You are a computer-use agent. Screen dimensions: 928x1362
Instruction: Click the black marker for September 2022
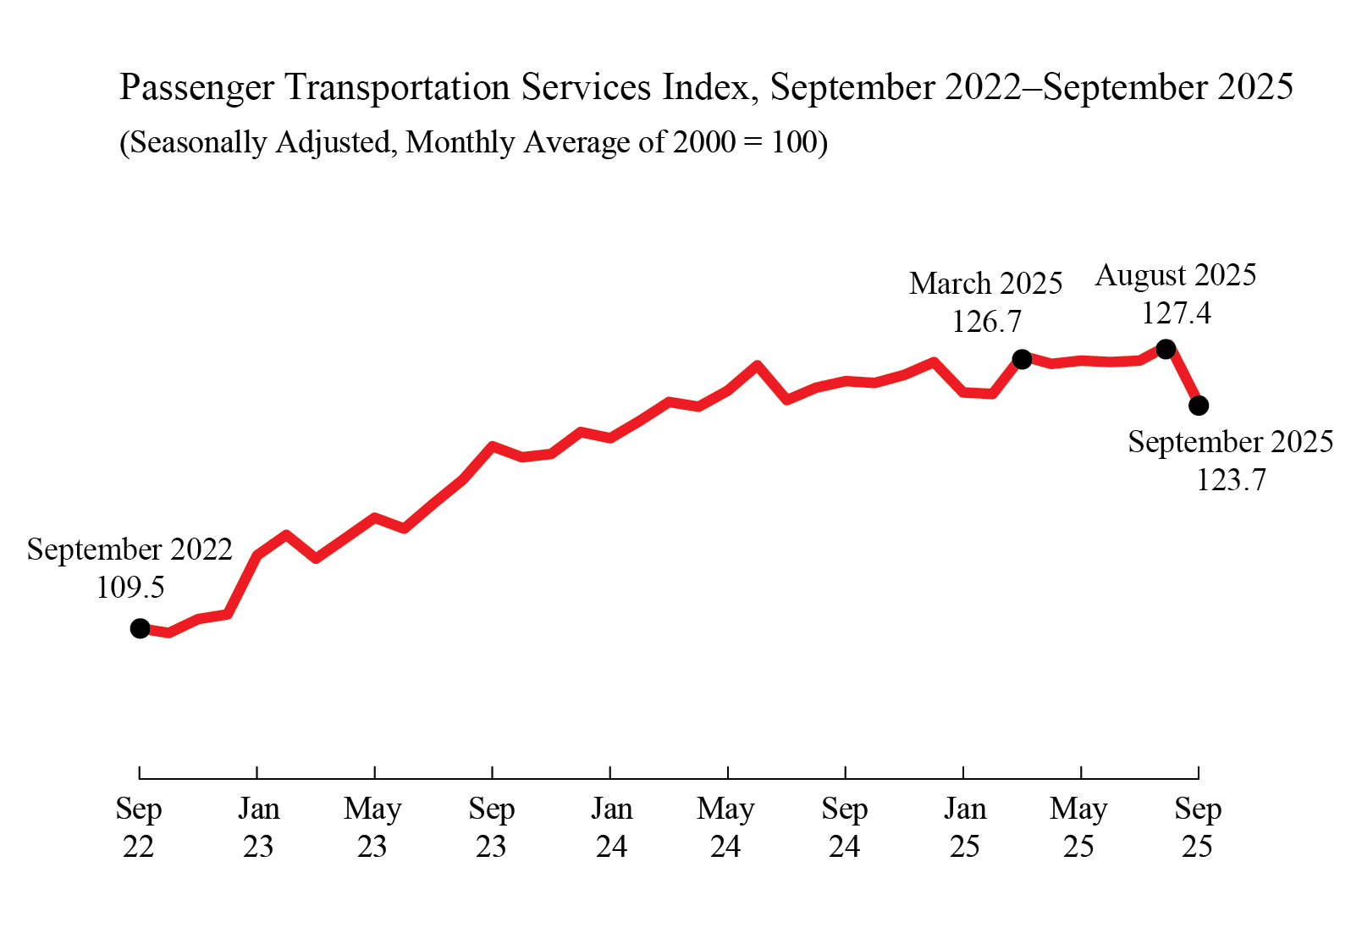[x=141, y=628]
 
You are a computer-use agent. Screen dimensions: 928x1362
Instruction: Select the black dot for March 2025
[x=1022, y=359]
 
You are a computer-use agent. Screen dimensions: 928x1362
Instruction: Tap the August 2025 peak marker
[x=1166, y=349]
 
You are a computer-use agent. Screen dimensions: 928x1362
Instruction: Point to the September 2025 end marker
[x=1199, y=406]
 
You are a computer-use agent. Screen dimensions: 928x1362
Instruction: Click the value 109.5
[x=130, y=588]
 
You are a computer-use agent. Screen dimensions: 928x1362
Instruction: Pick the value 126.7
[x=986, y=322]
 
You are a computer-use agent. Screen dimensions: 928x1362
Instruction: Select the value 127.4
[x=1176, y=313]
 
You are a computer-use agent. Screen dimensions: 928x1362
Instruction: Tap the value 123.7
[x=1231, y=480]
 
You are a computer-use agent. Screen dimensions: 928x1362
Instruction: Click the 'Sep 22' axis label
[x=139, y=827]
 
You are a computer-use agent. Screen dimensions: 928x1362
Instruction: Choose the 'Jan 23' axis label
[x=258, y=827]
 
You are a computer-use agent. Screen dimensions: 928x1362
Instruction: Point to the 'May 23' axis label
[x=372, y=827]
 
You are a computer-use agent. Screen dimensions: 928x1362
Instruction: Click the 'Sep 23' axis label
[x=492, y=827]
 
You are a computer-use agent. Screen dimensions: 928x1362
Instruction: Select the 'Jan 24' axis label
[x=611, y=827]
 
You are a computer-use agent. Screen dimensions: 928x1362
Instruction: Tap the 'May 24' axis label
[x=725, y=827]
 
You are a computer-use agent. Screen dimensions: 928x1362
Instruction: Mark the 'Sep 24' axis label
[x=845, y=827]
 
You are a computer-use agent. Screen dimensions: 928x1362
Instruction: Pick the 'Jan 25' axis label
[x=965, y=827]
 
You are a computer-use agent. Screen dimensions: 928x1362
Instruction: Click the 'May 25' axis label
[x=1078, y=827]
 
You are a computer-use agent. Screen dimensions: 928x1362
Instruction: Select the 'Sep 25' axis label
[x=1198, y=827]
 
